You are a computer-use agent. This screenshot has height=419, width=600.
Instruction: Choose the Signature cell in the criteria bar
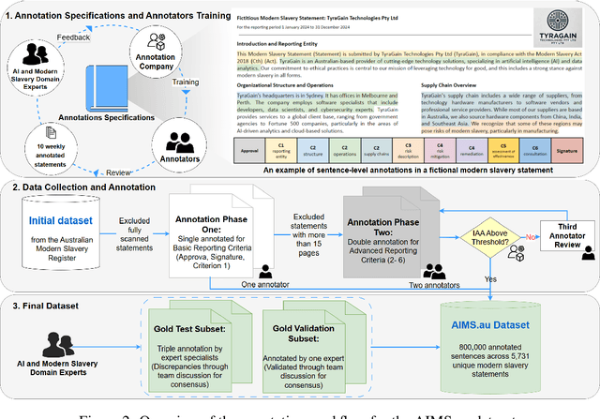pyautogui.click(x=565, y=148)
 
